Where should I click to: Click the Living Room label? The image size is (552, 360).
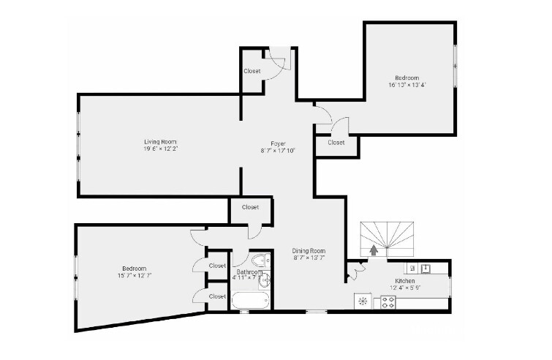tap(160, 142)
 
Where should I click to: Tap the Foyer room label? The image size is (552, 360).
tap(278, 143)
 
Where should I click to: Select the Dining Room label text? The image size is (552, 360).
tap(309, 251)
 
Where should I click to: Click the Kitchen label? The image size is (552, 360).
tap(406, 281)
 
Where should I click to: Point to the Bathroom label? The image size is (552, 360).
tap(249, 271)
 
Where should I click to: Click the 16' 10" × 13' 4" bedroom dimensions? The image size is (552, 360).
tap(407, 85)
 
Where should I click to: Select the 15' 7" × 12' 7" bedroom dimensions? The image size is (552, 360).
tap(134, 276)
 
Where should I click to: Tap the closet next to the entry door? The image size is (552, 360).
tap(252, 71)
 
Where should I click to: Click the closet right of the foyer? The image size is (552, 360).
tap(336, 143)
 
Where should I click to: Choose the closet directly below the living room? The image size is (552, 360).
tap(250, 208)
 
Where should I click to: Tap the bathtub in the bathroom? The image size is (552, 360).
tap(250, 301)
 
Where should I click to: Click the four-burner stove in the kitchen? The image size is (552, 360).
tap(387, 301)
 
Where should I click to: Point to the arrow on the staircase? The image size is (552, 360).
tap(374, 250)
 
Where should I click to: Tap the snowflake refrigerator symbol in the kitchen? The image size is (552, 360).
tap(362, 301)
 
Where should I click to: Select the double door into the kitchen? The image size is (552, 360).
tap(355, 271)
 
